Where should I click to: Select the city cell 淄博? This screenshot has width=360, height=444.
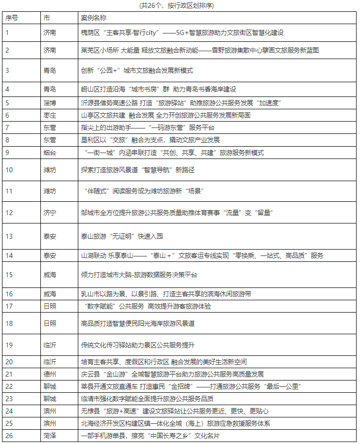pyautogui.click(x=50, y=103)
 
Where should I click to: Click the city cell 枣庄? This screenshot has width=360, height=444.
pyautogui.click(x=50, y=115)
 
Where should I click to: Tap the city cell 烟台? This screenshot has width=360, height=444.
pyautogui.click(x=50, y=153)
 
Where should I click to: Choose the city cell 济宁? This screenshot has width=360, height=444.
pyautogui.click(x=50, y=213)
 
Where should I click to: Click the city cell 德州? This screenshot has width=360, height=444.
pyautogui.click(x=50, y=374)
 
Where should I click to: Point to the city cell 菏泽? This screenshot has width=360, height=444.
pyautogui.click(x=50, y=436)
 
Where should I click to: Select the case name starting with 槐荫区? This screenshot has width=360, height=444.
pyautogui.click(x=182, y=33)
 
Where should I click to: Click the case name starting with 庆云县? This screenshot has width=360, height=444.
pyautogui.click(x=172, y=374)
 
